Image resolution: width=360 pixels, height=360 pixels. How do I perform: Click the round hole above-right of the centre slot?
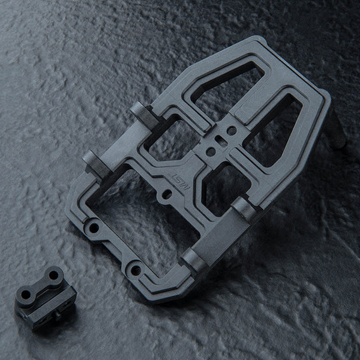(x=230, y=128)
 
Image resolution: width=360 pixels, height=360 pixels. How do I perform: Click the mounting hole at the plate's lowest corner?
(x=135, y=271)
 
